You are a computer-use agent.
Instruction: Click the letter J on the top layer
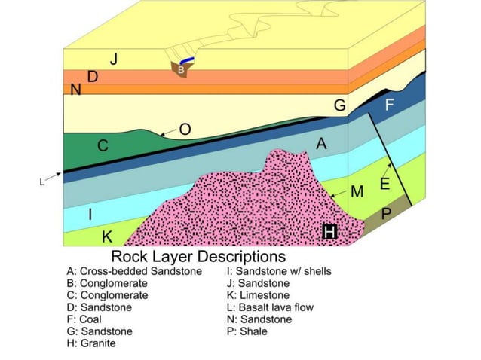coord(113,59)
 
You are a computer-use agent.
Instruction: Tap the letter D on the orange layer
coord(93,76)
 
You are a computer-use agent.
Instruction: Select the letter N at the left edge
coord(75,90)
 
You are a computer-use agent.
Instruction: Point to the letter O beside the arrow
coord(185,130)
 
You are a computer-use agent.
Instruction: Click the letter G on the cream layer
coord(340,106)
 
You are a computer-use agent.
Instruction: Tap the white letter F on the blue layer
coord(390,105)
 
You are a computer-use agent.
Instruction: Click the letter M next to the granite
coord(357,191)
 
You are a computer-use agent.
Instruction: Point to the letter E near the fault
coord(384,185)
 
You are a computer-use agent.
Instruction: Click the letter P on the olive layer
coord(386,214)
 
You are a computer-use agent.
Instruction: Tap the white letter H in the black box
coord(329,233)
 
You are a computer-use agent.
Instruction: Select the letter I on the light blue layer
coord(90,215)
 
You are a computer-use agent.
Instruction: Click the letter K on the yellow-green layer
coord(107,237)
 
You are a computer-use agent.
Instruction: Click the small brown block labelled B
coord(182,69)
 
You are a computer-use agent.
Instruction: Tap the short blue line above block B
coord(187,61)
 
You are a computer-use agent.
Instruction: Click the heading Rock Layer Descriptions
coord(198,257)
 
